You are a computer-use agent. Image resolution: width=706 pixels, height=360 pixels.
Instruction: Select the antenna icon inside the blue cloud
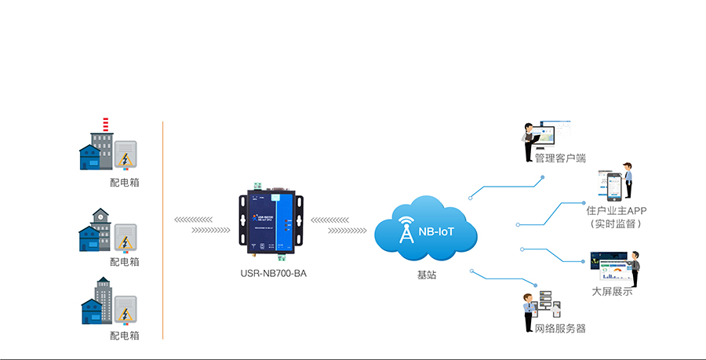(x=406, y=230)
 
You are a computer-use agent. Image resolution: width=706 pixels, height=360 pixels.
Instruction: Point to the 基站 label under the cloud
(x=427, y=275)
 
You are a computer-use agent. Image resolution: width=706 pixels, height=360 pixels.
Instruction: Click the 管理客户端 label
(x=560, y=158)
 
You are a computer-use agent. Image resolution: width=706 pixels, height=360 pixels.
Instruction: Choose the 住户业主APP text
(x=616, y=211)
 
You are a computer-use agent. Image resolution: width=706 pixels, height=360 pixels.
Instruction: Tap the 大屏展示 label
(x=612, y=292)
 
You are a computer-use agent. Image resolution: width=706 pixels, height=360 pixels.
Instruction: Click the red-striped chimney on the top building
(x=104, y=125)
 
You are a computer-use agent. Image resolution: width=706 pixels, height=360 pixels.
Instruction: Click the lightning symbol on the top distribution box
(x=126, y=159)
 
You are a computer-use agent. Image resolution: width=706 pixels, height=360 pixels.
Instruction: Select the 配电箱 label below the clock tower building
(x=125, y=262)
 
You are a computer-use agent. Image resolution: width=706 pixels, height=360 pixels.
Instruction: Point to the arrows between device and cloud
(x=339, y=225)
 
